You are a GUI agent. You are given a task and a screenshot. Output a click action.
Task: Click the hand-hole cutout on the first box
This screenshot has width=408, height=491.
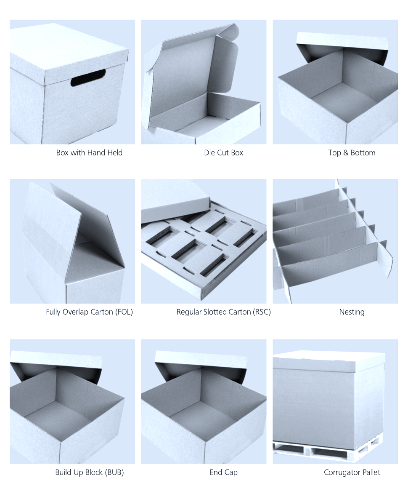coord(88,79)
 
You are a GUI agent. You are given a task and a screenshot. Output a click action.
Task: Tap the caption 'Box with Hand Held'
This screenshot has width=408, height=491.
coord(89,153)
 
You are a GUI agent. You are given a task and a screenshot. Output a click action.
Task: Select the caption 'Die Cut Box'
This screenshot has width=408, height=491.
coord(223,153)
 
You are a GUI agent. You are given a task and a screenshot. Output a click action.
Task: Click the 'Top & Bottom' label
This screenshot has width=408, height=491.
coord(352,153)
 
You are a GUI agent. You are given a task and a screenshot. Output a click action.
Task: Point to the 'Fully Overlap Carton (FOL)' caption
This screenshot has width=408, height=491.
coord(89,312)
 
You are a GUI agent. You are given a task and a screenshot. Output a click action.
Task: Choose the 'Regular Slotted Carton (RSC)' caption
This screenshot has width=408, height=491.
coord(223,312)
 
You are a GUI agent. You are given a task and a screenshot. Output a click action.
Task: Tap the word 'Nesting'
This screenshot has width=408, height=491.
coord(352,312)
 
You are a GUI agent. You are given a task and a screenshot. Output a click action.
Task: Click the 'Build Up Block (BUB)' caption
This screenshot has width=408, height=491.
coord(89,472)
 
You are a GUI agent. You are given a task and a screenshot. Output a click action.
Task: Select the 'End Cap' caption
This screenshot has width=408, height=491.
coord(223,472)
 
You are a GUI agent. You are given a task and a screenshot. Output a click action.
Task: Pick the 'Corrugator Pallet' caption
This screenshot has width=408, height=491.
coord(352,472)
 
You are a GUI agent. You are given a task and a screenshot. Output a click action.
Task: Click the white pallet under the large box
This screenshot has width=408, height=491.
coord(328,453)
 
